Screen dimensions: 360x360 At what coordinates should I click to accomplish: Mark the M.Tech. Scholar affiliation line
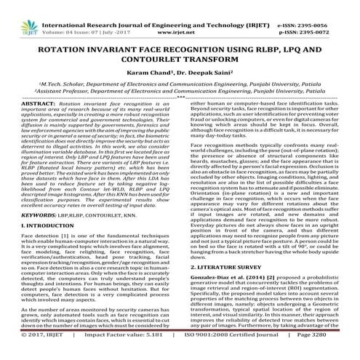(180, 84)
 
